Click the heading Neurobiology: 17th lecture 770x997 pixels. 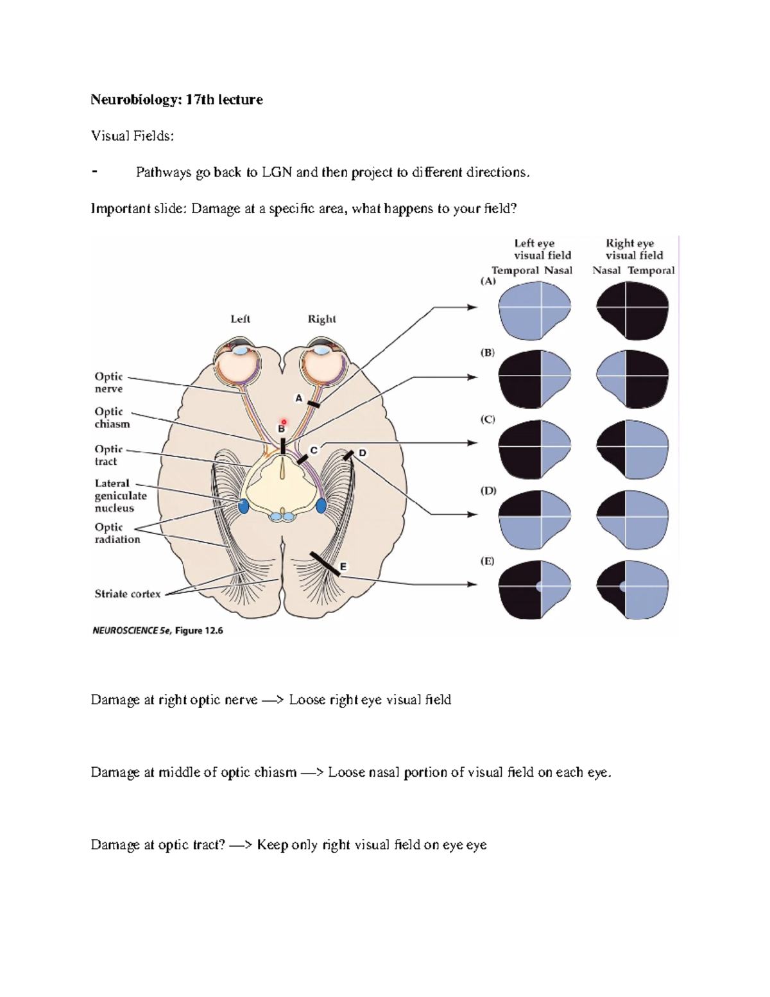point(176,100)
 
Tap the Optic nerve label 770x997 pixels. point(108,383)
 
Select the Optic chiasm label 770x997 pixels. point(112,417)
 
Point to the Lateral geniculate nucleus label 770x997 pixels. point(120,496)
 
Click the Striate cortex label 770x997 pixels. point(128,594)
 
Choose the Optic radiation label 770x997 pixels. point(117,533)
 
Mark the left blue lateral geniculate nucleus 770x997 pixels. point(244,506)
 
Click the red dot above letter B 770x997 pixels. point(284,422)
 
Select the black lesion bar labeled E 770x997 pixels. point(325,563)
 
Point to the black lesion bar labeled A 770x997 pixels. point(314,404)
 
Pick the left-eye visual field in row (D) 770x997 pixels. point(534,517)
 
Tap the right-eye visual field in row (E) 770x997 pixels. point(633,587)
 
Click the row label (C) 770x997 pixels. point(488,419)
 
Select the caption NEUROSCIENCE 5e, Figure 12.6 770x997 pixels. point(158,630)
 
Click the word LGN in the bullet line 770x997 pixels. point(277,172)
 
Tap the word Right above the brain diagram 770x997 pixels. point(321,319)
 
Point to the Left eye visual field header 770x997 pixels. point(542,249)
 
